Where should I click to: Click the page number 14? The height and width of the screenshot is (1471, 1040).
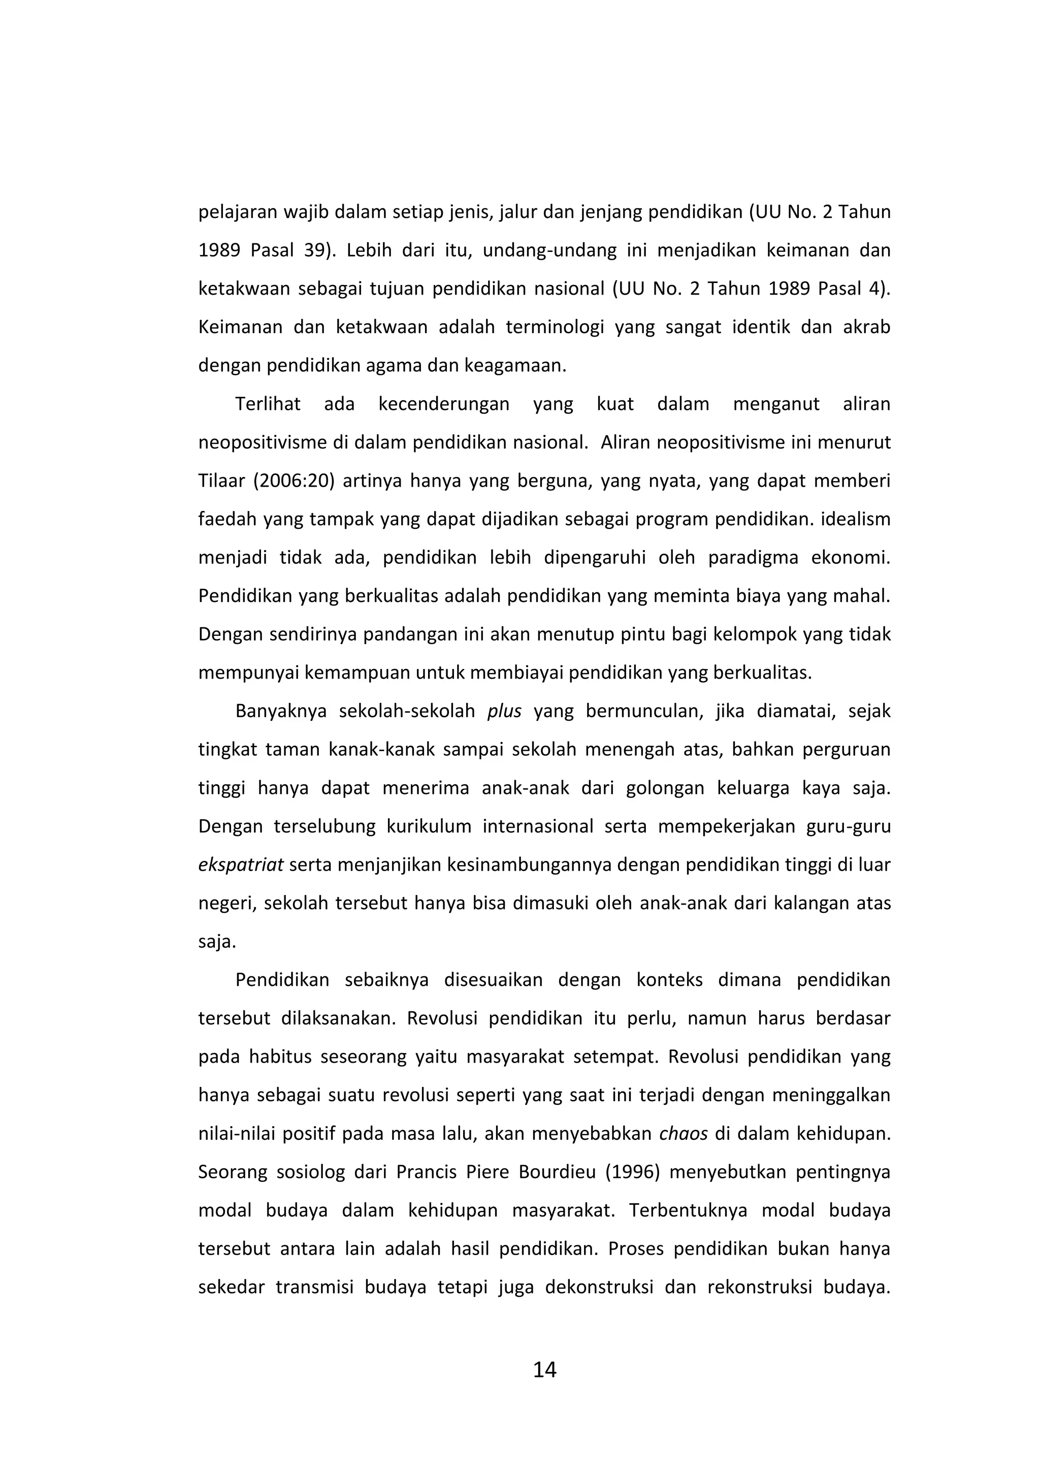click(x=544, y=1370)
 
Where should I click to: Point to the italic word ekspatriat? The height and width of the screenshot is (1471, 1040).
click(x=240, y=865)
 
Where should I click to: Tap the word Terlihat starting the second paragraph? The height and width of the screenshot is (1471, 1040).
click(x=268, y=404)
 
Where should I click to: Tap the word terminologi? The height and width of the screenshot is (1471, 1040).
click(x=555, y=327)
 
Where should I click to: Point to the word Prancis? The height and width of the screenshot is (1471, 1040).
click(x=425, y=1172)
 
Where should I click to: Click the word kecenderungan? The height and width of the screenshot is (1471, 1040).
click(x=444, y=404)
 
